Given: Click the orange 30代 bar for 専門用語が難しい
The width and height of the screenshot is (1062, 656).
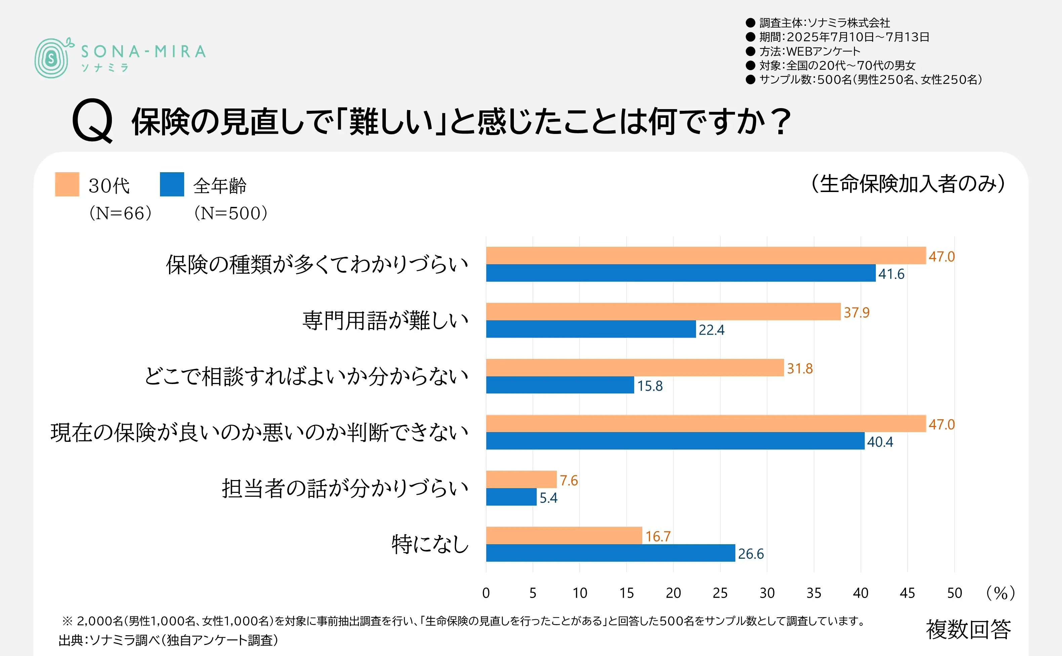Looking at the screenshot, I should pyautogui.click(x=663, y=312).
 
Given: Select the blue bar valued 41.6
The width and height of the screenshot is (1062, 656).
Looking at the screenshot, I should pyautogui.click(x=680, y=273).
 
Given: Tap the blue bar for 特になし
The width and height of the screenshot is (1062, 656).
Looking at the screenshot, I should pyautogui.click(x=610, y=553).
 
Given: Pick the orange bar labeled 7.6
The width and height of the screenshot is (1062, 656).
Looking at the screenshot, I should pyautogui.click(x=521, y=479).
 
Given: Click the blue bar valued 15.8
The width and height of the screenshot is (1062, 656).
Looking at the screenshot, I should pyautogui.click(x=560, y=385).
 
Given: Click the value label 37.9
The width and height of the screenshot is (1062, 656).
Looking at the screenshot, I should pyautogui.click(x=856, y=312).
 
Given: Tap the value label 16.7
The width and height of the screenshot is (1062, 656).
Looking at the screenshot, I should pyautogui.click(x=657, y=536).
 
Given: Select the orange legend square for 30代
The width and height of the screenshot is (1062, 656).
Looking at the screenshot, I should pyautogui.click(x=67, y=184).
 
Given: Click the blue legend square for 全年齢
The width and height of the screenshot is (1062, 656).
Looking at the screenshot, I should pyautogui.click(x=172, y=184).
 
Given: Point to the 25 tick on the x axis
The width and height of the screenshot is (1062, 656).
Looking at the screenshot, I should pyautogui.click(x=720, y=593).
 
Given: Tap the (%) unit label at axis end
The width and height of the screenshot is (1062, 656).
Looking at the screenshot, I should pyautogui.click(x=1000, y=593).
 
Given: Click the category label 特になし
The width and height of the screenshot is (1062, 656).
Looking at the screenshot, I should pyautogui.click(x=430, y=544).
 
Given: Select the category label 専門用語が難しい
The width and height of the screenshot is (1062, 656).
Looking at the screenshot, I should pyautogui.click(x=385, y=321).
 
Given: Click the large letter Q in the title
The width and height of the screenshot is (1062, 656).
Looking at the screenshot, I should pyautogui.click(x=92, y=121).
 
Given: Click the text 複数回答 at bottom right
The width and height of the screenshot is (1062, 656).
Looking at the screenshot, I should pyautogui.click(x=968, y=629).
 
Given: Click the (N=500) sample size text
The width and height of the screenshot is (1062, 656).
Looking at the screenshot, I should pyautogui.click(x=231, y=213).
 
